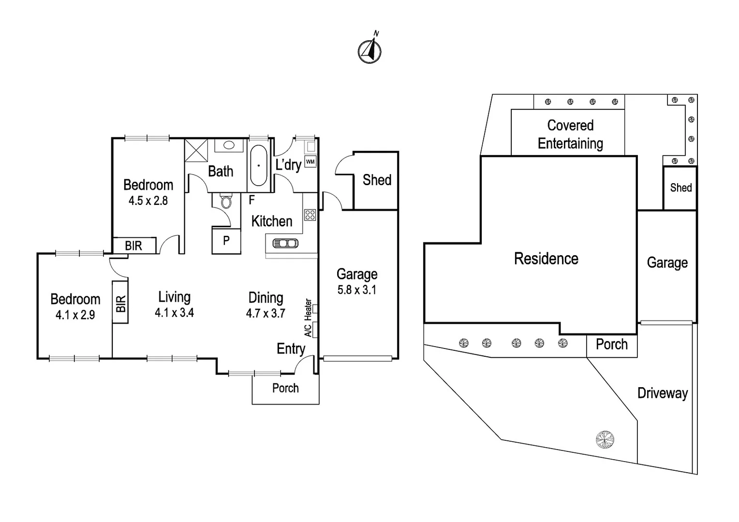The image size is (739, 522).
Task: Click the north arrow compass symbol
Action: pos(370,50)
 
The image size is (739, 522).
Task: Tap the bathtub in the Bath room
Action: pos(259,165)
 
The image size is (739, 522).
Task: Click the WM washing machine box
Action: pos(310,161)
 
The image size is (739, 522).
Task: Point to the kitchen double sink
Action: pos(286,243)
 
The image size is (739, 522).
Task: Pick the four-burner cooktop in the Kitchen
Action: pos(310,215)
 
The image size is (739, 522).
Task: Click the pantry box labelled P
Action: pos(226,240)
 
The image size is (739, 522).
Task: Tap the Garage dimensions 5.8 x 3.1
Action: pos(357,290)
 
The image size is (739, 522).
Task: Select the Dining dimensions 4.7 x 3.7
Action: pos(266,313)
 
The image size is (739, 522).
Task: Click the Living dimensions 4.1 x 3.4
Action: pos(174,313)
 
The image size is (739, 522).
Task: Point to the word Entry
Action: pos(291,348)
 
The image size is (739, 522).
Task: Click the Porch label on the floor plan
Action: pos(285,388)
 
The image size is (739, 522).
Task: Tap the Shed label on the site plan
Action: pos(680,188)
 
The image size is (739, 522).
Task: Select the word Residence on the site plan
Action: pos(546,259)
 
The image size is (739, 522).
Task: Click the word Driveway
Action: pos(662,393)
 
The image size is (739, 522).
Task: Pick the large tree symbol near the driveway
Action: pos(605,440)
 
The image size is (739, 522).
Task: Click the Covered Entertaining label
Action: pos(570,134)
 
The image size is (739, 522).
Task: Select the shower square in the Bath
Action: pos(196,150)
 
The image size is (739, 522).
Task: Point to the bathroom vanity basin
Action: pos(229,145)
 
